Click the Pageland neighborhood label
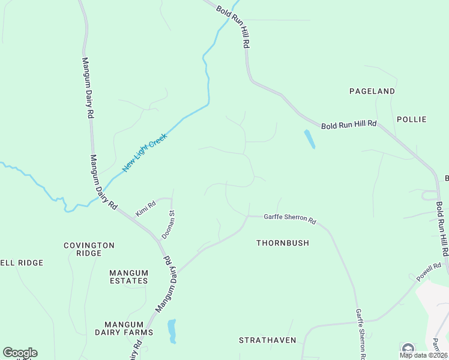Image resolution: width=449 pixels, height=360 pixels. pyautogui.click(x=372, y=91)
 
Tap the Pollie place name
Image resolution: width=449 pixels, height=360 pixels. pyautogui.click(x=411, y=119)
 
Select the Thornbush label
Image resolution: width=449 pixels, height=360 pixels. pyautogui.click(x=282, y=243)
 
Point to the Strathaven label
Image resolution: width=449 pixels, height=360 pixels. pyautogui.click(x=268, y=340)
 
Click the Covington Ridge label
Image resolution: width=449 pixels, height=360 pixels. pyautogui.click(x=89, y=249)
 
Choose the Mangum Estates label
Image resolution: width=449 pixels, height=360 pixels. pyautogui.click(x=128, y=277)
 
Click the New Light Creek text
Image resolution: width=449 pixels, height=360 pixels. pyautogui.click(x=144, y=152)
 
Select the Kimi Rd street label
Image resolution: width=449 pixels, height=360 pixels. pyautogui.click(x=145, y=208)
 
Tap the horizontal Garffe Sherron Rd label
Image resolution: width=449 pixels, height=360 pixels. pyautogui.click(x=290, y=219)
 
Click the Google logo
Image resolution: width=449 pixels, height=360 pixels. pyautogui.click(x=20, y=353)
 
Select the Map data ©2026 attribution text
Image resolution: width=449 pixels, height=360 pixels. pyautogui.click(x=423, y=355)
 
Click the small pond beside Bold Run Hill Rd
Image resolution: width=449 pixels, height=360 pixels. pyautogui.click(x=309, y=139)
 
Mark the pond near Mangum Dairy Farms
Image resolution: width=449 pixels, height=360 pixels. pyautogui.click(x=172, y=331)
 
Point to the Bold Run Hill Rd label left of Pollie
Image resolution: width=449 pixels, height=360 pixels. pyautogui.click(x=348, y=125)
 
